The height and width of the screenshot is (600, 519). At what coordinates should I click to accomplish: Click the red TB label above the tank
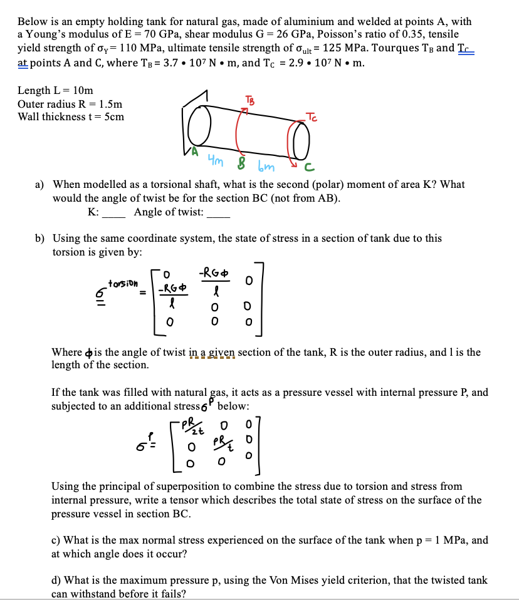pyautogui.click(x=252, y=100)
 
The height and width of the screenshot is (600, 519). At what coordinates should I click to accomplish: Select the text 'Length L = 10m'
pyautogui.click(x=55, y=91)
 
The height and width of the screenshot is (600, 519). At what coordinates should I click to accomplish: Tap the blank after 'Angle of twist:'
pyautogui.click(x=218, y=213)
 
